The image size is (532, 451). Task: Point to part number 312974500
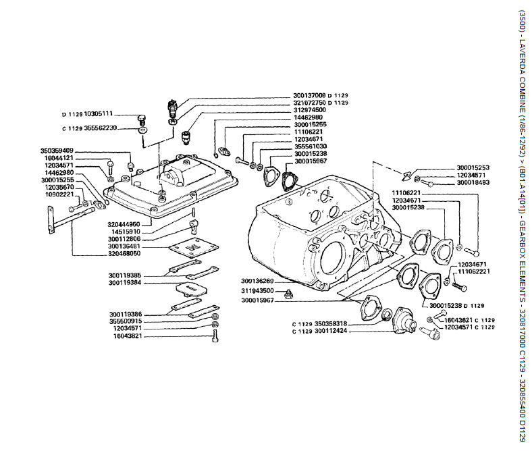coord(309,110)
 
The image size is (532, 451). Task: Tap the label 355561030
coord(311,147)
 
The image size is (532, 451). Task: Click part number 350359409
coord(57,150)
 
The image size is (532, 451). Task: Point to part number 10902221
coord(59,194)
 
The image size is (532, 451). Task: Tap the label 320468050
coord(124,253)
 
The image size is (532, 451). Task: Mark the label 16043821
coord(129,336)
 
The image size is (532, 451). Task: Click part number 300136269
coord(257,281)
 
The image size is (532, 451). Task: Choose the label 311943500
coord(257,291)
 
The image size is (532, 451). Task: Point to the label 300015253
coord(473,167)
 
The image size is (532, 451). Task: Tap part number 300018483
coord(473,182)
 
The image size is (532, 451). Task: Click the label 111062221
coord(474,271)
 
